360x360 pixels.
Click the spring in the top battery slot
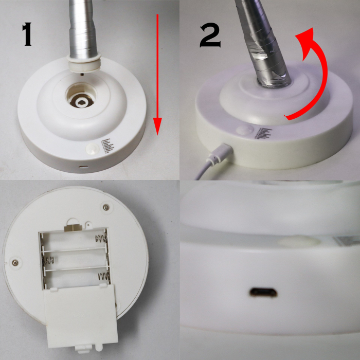tap(101, 239)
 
